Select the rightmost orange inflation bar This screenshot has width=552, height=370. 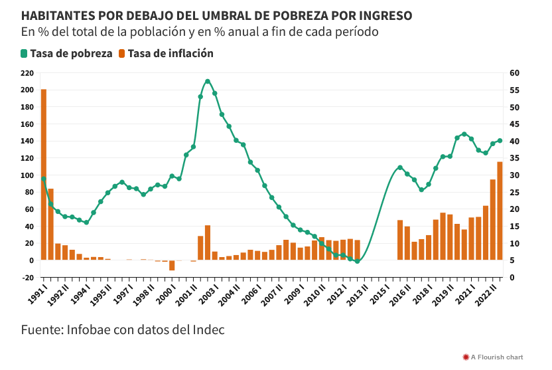(x=500, y=211)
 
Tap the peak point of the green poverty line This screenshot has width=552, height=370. (x=208, y=82)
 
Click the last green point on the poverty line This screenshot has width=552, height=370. (x=500, y=141)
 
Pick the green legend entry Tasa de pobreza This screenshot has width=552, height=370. (x=66, y=53)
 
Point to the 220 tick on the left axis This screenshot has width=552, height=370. (x=27, y=73)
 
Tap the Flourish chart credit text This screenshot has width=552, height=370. (x=497, y=357)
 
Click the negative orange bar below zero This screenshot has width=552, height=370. (x=172, y=265)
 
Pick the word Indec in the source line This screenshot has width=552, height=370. (x=208, y=329)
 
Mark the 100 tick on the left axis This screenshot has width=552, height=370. (x=27, y=175)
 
